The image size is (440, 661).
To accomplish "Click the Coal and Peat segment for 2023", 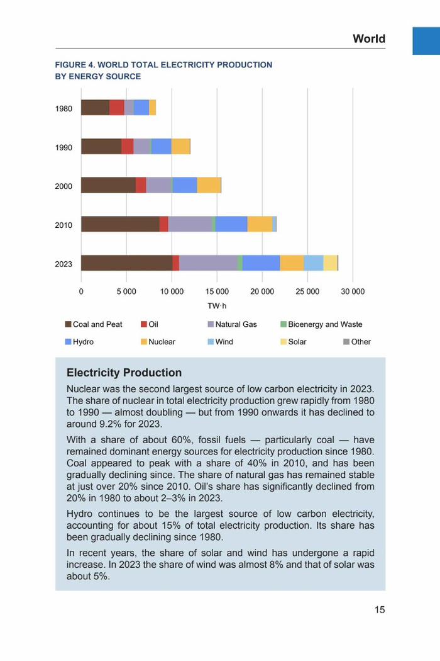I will click(126, 263).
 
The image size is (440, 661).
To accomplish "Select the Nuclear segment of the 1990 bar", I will click(180, 147).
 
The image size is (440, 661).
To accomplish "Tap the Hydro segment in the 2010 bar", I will click(231, 224).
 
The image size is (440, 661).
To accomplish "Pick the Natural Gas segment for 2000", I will click(158, 185).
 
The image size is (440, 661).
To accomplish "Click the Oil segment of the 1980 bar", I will click(117, 108).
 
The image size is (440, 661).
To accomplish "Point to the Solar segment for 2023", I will click(330, 263).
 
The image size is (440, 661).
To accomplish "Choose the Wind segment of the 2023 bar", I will click(314, 263).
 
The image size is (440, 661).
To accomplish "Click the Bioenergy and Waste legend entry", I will click(321, 325).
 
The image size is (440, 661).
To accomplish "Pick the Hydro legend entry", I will click(79, 342).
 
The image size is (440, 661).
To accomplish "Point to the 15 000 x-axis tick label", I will click(217, 292).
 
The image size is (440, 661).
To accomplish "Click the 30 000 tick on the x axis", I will click(352, 292).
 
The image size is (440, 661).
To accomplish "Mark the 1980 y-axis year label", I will click(63, 109).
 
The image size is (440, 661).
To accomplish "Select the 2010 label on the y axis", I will click(63, 225).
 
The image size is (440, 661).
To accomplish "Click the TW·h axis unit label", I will click(217, 306).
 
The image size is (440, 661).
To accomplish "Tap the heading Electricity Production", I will click(124, 373).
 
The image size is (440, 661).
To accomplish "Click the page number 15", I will click(380, 610).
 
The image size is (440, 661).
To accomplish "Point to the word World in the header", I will click(369, 39).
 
